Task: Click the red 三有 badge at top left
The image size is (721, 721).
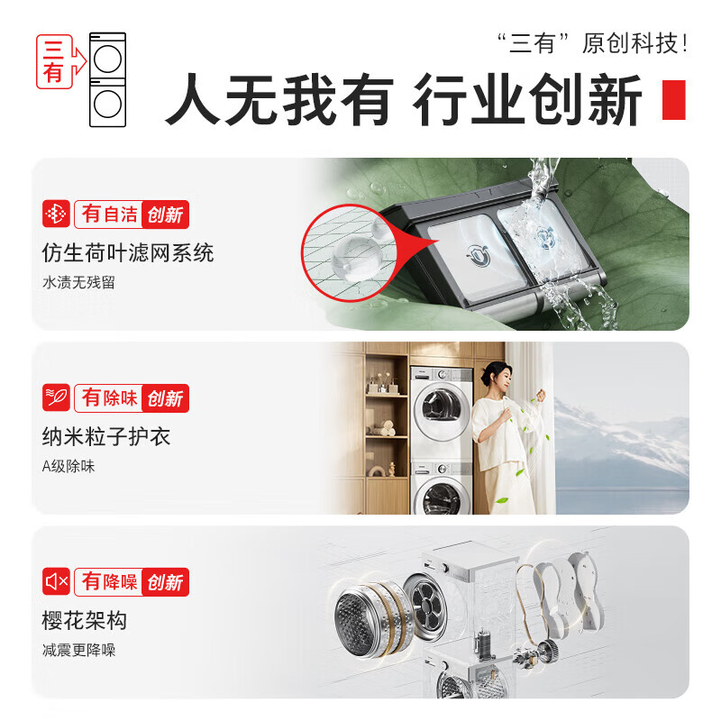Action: (x=53, y=62)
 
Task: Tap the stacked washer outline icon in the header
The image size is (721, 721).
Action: (x=107, y=79)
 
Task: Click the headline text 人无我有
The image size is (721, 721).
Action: (x=278, y=100)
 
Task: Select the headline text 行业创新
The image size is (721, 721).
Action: (x=528, y=100)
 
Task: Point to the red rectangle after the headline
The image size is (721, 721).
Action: (x=674, y=100)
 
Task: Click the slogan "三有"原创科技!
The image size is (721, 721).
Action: (x=593, y=43)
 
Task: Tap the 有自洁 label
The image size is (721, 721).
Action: (x=110, y=214)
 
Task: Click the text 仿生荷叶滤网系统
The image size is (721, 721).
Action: (x=128, y=252)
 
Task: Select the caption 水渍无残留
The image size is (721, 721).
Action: (x=79, y=283)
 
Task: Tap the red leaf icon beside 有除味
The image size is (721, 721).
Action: (x=56, y=397)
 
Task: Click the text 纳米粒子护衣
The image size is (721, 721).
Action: (x=106, y=437)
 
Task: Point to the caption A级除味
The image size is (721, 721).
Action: (x=68, y=467)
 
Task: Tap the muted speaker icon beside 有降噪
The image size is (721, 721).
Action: (x=56, y=582)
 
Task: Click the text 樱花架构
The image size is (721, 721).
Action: (x=85, y=621)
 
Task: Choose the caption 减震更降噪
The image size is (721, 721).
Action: (x=79, y=651)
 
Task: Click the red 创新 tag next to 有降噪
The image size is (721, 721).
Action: (x=165, y=582)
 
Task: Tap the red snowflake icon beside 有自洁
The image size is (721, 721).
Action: (x=56, y=214)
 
